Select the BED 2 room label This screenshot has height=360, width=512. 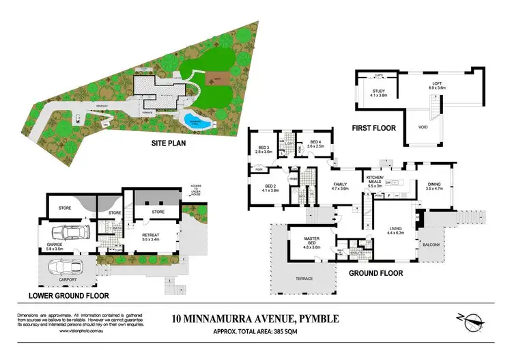point(267,187)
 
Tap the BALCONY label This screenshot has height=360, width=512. point(431,244)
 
